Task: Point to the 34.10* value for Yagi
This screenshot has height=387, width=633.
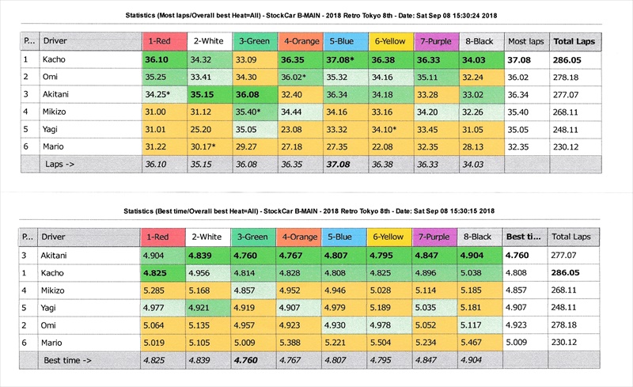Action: [x=389, y=130]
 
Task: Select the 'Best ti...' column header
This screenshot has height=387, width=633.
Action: [x=524, y=237]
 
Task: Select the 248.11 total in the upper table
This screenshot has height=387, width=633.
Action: [x=574, y=130]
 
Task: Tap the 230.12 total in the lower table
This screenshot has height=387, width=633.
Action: [x=574, y=343]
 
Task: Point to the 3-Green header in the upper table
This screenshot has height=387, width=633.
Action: [x=252, y=40]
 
